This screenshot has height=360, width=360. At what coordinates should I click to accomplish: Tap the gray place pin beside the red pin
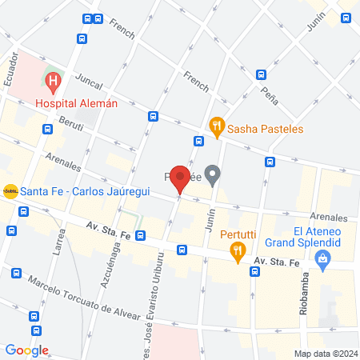point(212,174)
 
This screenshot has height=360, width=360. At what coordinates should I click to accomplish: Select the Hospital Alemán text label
point(76,102)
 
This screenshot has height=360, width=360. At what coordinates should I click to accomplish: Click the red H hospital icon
point(53,81)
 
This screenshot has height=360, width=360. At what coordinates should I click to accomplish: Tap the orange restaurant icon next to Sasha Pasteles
point(215,126)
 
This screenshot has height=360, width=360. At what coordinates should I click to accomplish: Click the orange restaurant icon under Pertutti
point(238,253)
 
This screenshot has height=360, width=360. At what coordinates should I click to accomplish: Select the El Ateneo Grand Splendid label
point(317,237)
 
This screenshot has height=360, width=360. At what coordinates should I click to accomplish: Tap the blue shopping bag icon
point(322,258)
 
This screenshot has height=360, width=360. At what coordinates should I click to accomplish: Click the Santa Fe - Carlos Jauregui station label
point(85,190)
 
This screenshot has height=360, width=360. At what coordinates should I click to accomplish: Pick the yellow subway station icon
point(10,190)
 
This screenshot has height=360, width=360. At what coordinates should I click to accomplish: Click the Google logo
point(26,350)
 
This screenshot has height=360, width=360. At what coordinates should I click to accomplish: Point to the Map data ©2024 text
point(326,353)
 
